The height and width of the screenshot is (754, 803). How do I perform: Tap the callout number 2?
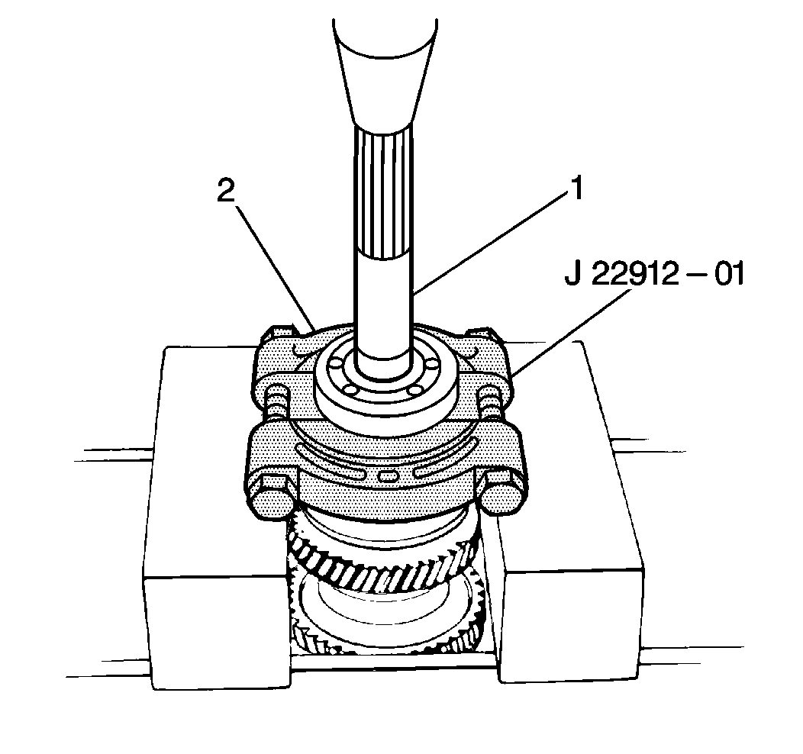tap(225, 192)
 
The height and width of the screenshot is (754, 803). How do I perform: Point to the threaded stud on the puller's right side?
tap(489, 400)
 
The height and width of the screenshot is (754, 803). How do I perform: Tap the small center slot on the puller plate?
tap(387, 475)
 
